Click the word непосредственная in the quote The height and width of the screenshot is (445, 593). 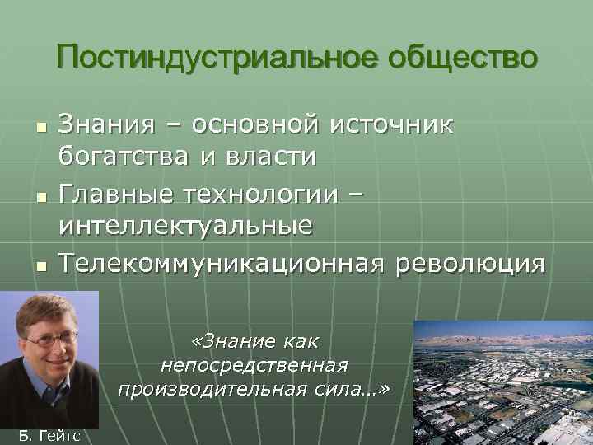254,364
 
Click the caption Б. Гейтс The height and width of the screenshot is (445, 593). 49,435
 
